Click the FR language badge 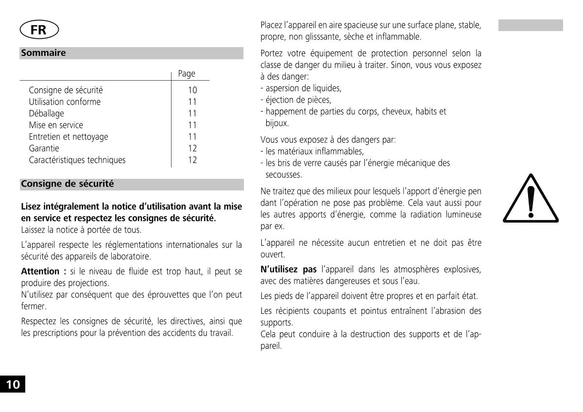39,30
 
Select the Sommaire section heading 44,53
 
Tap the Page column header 187,74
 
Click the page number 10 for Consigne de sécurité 192,90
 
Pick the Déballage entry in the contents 46,114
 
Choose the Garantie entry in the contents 44,149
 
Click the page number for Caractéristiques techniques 192,160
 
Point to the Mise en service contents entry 56,125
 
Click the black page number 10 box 12,384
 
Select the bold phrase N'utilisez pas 289,270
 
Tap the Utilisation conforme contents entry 65,102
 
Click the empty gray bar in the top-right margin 531,25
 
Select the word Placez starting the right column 271,25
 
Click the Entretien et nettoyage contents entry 69,137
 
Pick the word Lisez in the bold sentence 31,207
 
